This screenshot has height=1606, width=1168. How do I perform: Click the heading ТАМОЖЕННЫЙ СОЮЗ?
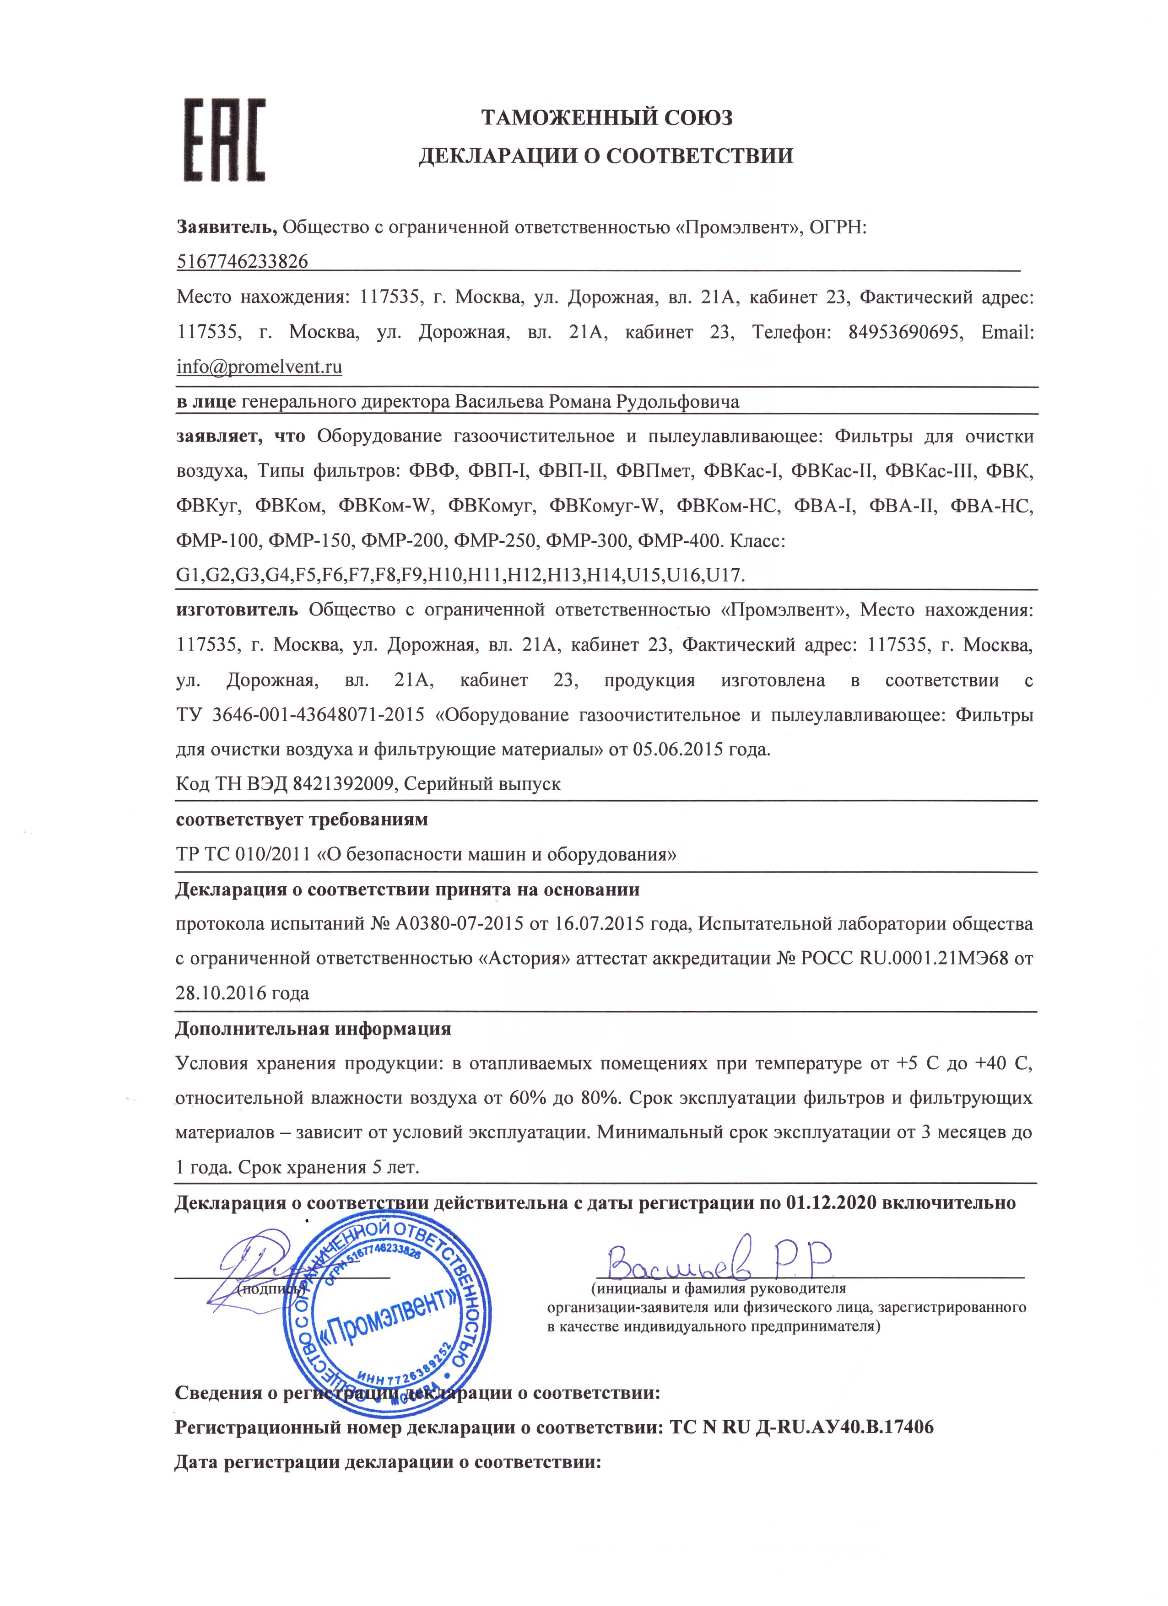606,118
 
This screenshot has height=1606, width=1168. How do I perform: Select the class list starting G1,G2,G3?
460,576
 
